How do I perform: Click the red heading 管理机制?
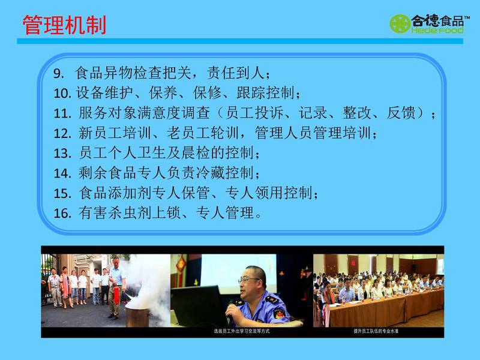(64, 25)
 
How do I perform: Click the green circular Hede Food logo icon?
(400, 23)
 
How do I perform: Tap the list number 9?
(58, 73)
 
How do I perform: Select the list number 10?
(62, 93)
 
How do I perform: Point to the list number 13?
(62, 153)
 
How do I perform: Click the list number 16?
(62, 213)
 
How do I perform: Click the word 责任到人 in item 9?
(236, 73)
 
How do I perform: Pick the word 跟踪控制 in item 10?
(265, 93)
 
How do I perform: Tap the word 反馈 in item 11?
(401, 113)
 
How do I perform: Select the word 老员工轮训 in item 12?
(203, 133)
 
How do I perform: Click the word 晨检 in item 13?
(196, 153)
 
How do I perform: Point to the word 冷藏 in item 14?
(210, 173)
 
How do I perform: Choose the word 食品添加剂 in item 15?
(115, 193)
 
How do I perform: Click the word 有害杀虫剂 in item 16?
(115, 213)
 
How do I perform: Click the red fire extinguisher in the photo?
(116, 295)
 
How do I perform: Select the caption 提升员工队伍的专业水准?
(376, 331)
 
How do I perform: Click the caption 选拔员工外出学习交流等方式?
(242, 331)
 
